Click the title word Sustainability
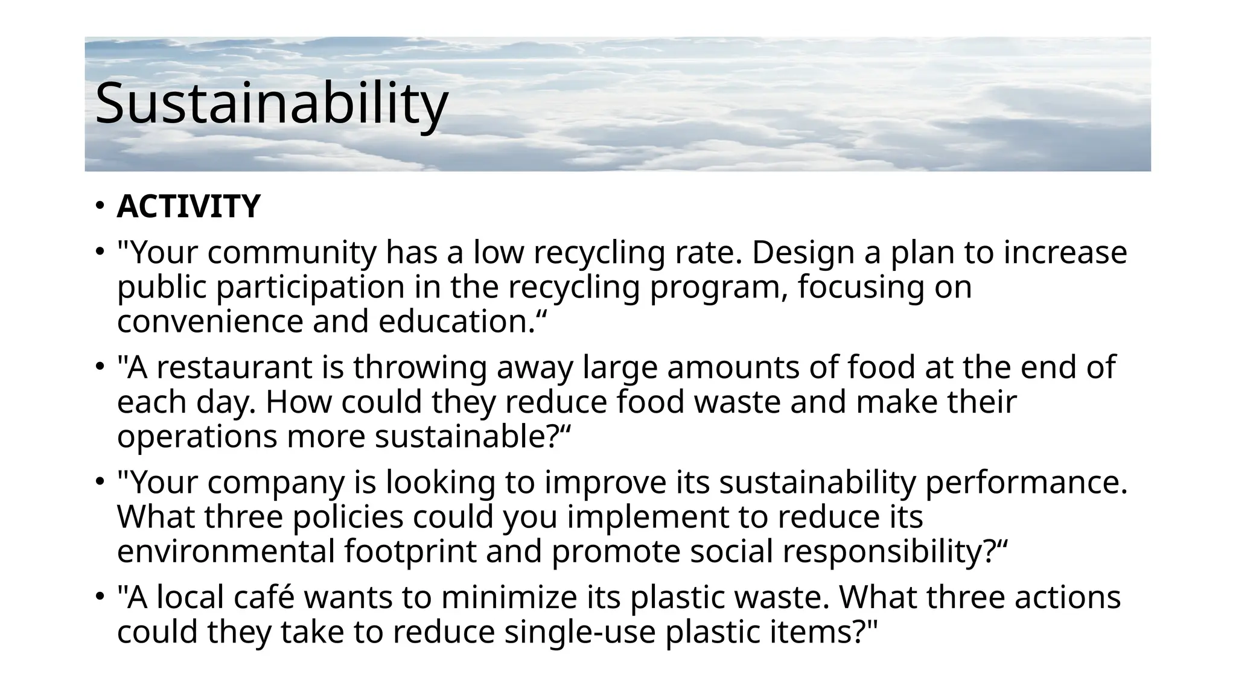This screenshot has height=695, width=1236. pyautogui.click(x=272, y=104)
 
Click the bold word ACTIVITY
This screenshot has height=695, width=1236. pyautogui.click(x=188, y=206)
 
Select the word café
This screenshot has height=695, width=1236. pyautogui.click(x=263, y=597)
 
